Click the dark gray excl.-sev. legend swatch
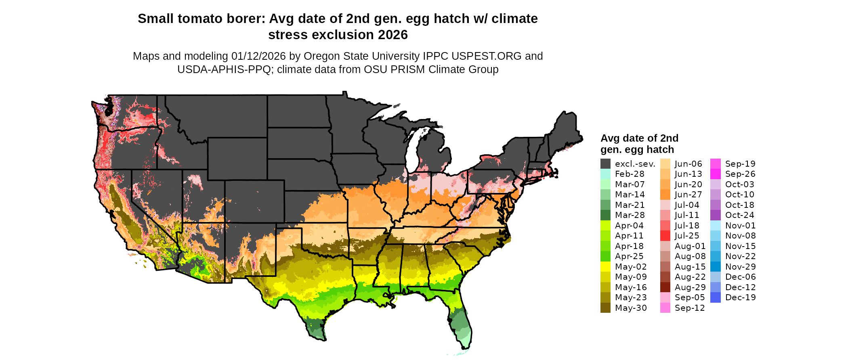[x=605, y=164]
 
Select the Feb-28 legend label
[x=630, y=174]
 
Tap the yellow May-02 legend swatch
[x=605, y=267]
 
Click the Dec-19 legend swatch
[x=715, y=297]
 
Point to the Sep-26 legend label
[x=740, y=174]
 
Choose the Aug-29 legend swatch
[x=665, y=287]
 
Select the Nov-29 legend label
[x=740, y=267]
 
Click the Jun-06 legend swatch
[x=665, y=164]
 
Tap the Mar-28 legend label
[x=630, y=215]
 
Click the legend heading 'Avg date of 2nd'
[x=639, y=138]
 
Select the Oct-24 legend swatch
[x=715, y=215]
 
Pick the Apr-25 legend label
[x=629, y=256]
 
